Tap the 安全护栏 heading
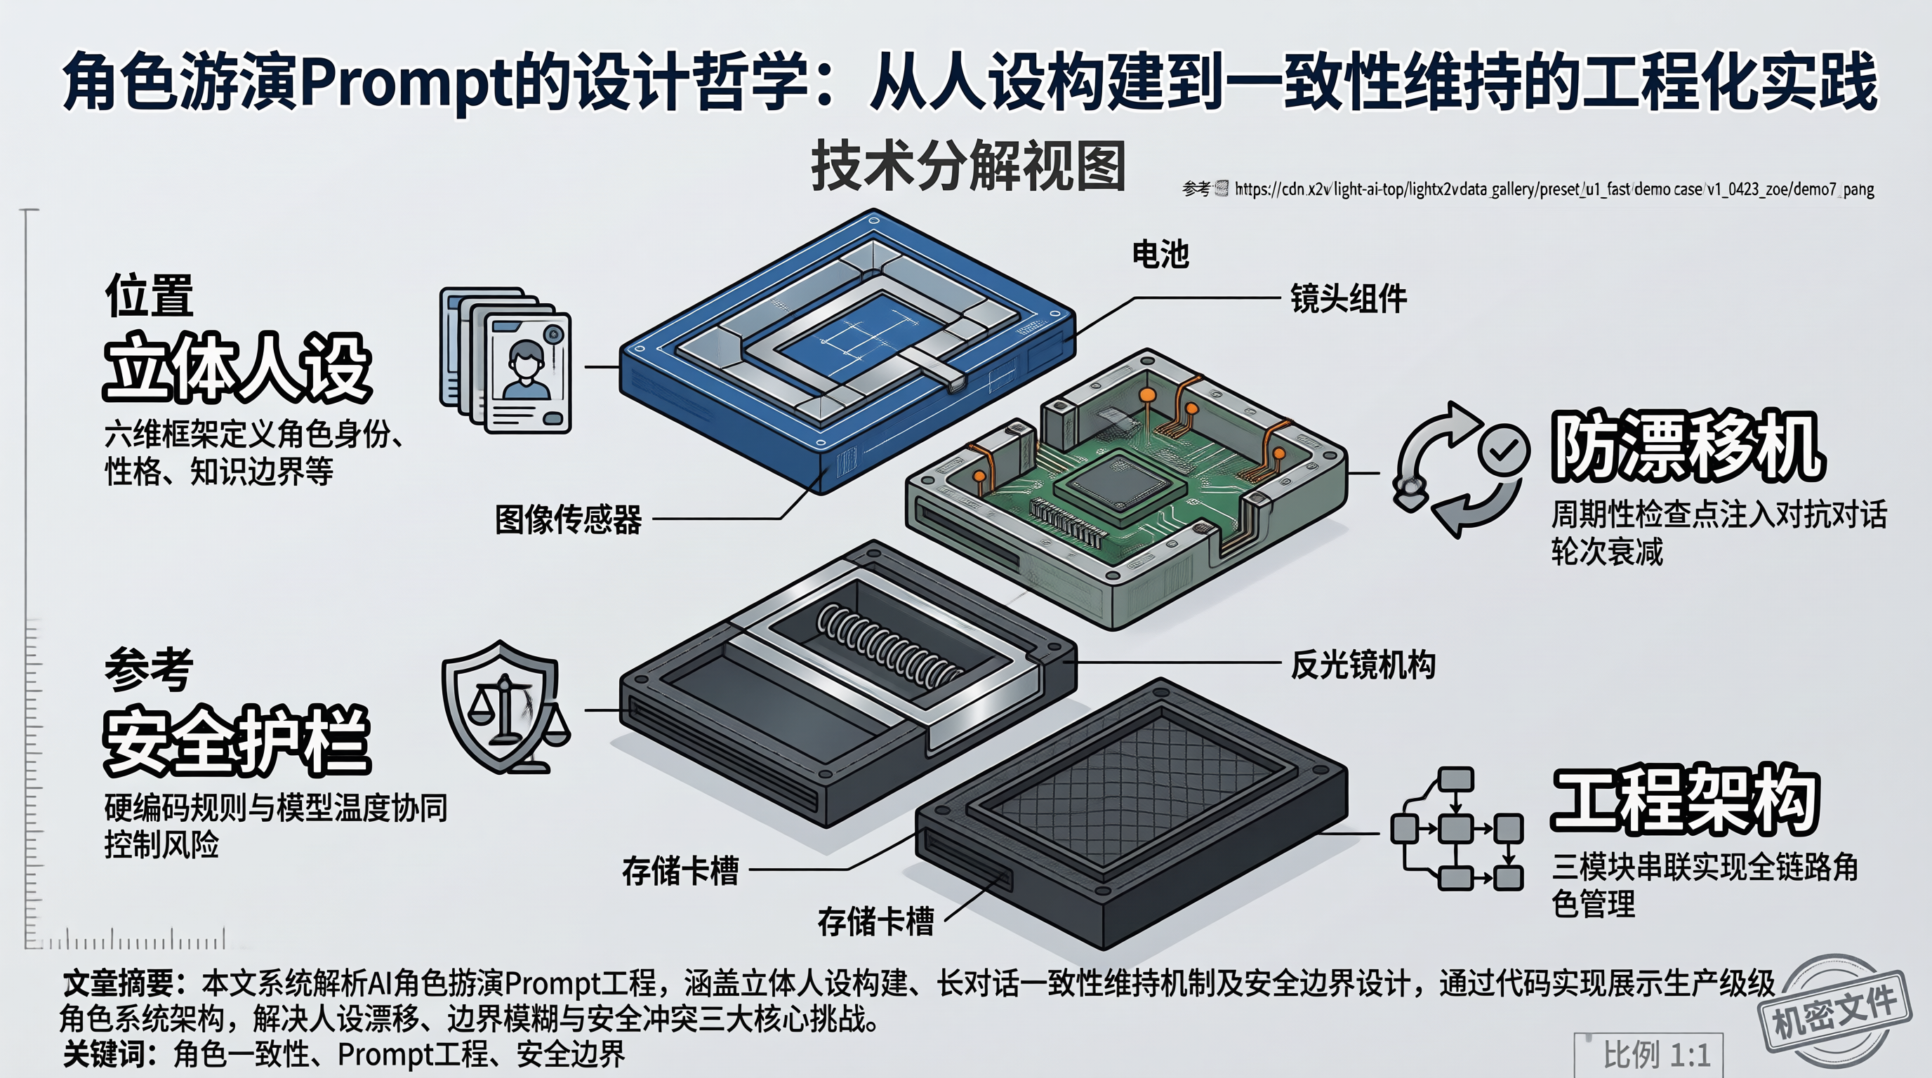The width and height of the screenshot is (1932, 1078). click(237, 740)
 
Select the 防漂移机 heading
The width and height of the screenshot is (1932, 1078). click(1688, 446)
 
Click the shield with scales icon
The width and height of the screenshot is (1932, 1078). click(505, 707)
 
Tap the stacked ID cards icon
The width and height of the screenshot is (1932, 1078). click(505, 360)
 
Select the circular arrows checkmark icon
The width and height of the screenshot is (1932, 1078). click(1460, 470)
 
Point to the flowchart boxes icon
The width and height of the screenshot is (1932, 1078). click(1457, 829)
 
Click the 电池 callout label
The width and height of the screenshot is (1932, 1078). click(1160, 254)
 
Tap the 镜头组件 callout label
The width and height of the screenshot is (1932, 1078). click(1349, 298)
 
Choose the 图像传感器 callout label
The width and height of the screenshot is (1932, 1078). click(569, 519)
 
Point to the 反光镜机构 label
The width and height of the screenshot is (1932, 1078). click(1363, 665)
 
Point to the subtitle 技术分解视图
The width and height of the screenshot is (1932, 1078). click(968, 166)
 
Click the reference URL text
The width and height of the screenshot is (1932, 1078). click(1554, 189)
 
